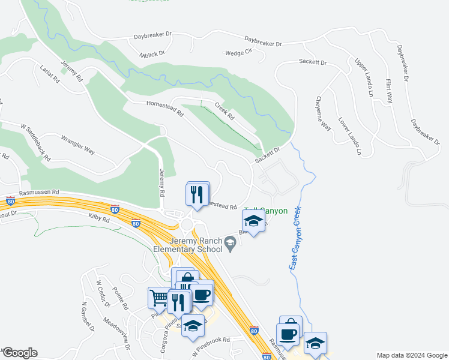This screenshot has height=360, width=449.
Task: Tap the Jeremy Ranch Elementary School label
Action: pos(196,245)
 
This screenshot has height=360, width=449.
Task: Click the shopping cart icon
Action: pos(159,298)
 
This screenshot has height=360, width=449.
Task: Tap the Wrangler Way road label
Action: pos(78,145)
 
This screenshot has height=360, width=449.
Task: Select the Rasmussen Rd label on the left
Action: pos(38,193)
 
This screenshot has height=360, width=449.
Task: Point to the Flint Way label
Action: pos(389,91)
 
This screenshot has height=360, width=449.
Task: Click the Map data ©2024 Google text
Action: pos(412,355)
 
